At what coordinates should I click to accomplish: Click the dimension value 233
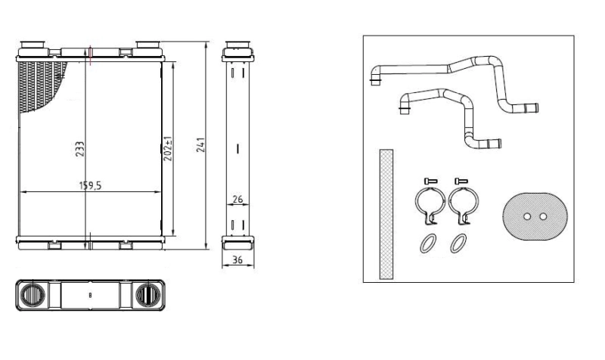[x=79, y=149]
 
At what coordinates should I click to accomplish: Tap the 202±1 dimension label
[x=169, y=148]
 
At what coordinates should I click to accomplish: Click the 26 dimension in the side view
[x=237, y=200]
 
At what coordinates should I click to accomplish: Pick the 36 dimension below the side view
[x=237, y=260]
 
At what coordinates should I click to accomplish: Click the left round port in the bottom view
[x=36, y=295]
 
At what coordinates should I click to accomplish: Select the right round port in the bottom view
[x=144, y=295]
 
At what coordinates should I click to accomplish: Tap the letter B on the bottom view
[x=90, y=296]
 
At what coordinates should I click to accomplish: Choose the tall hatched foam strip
[x=386, y=214]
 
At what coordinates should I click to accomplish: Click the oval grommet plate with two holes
[x=533, y=216]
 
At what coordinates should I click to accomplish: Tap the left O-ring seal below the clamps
[x=427, y=244]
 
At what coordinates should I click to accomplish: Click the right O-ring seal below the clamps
[x=458, y=244]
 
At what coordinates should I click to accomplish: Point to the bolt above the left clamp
[x=430, y=180]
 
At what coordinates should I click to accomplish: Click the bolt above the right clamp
[x=461, y=180]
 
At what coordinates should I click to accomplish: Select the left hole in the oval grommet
[x=526, y=216]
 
